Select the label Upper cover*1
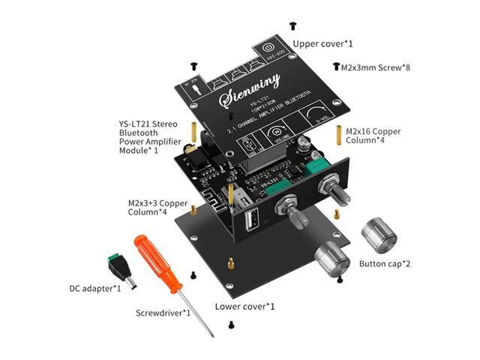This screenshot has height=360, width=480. point(322,43)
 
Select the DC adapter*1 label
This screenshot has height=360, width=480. point(91,288)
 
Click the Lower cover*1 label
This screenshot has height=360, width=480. point(244,306)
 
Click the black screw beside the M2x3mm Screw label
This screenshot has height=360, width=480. point(334,67)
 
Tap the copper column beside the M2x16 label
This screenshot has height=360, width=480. point(340,135)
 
